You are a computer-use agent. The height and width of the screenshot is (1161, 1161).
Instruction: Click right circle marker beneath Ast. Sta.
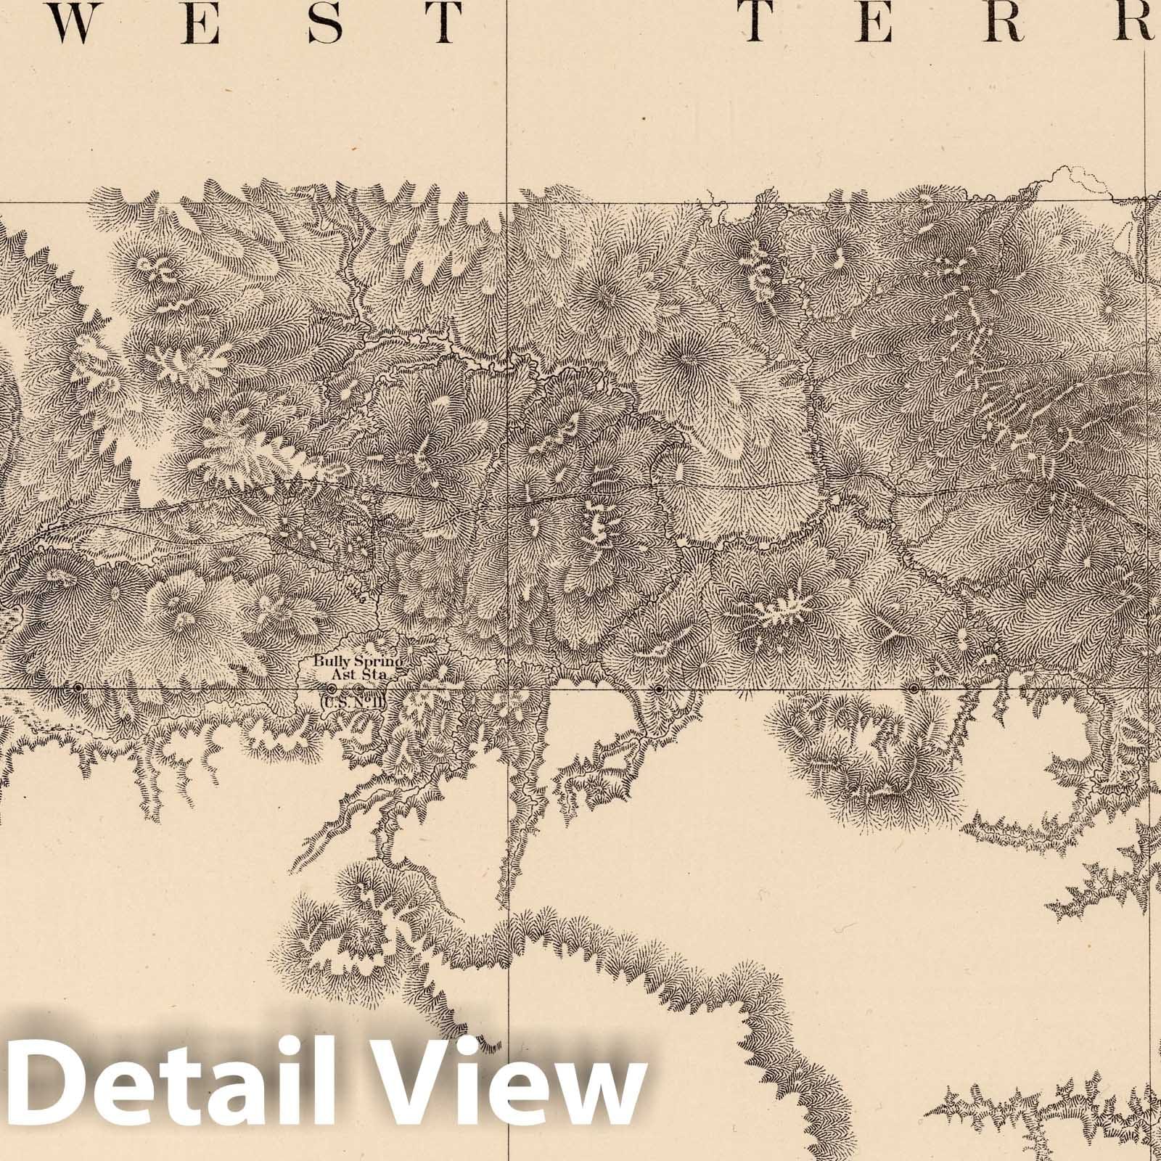point(359,688)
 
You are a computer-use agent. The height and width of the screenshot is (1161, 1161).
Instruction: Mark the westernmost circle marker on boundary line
point(78,687)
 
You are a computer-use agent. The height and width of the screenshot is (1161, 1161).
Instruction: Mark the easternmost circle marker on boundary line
point(914,687)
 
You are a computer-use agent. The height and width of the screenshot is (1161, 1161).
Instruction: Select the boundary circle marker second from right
point(658,687)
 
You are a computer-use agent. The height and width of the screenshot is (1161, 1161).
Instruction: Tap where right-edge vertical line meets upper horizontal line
point(1145,201)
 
